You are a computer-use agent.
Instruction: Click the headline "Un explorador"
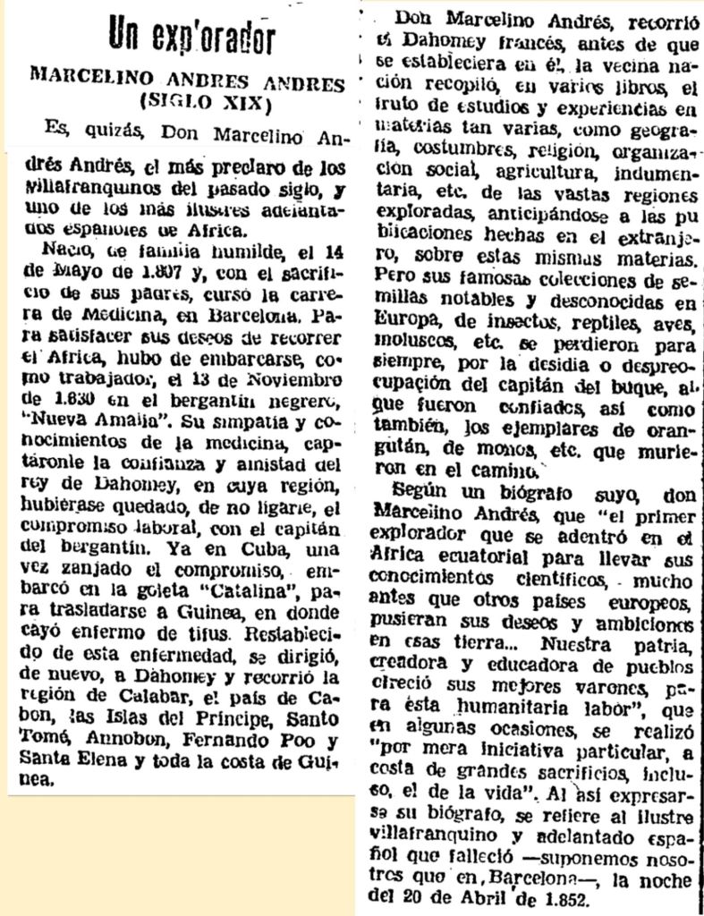[191, 38]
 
